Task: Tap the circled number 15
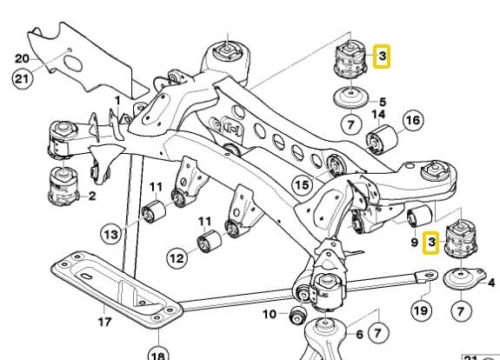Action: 303,183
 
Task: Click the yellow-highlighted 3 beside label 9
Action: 430,243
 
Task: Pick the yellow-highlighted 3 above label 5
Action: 382,58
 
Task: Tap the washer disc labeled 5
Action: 348,99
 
